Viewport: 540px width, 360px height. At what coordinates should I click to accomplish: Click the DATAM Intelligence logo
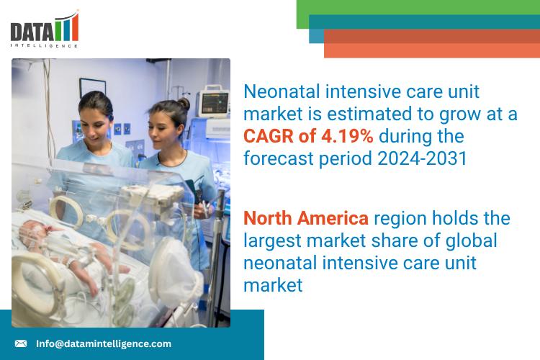[45, 29]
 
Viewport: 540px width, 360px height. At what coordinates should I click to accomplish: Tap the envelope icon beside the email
[21, 343]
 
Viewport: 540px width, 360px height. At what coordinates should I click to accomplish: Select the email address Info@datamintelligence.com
[104, 343]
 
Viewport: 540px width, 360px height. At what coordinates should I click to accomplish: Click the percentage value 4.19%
[347, 136]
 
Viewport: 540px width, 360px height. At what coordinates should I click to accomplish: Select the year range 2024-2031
[422, 158]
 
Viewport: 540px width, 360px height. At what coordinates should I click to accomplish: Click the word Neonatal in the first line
[282, 91]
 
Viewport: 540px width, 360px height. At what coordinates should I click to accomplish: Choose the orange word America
[333, 218]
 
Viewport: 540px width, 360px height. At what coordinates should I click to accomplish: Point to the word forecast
[278, 158]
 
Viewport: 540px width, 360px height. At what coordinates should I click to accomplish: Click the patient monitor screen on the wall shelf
[215, 102]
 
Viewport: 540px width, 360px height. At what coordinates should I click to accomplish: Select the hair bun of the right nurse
[184, 104]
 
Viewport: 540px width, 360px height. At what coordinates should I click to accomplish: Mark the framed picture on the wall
[93, 89]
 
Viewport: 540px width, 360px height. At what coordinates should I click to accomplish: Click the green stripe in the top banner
[418, 8]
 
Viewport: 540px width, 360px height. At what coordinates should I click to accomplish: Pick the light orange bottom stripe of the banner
[432, 50]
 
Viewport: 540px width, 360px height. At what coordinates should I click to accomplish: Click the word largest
[272, 241]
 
